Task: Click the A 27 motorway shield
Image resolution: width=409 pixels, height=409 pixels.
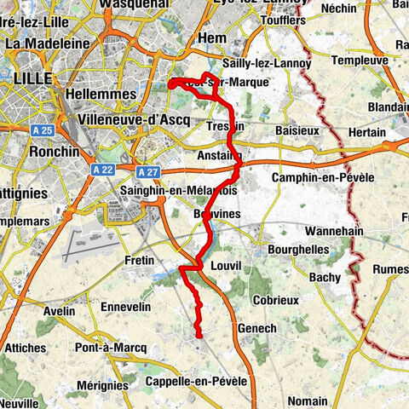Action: [147, 170]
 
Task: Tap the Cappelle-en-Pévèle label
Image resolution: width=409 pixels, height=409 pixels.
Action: [196, 380]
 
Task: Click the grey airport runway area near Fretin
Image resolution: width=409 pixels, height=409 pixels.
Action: [95, 246]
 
